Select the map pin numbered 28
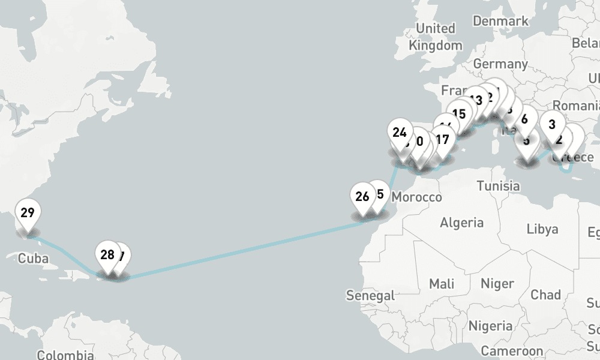tap(107, 255)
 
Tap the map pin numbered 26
tap(362, 197)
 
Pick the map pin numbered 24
tap(400, 133)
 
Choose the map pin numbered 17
tap(442, 140)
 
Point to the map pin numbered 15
tap(460, 114)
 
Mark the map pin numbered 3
tap(552, 125)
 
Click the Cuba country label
tap(33, 259)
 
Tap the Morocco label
tap(416, 197)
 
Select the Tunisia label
tap(499, 186)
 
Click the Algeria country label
tap(461, 223)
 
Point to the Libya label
tap(542, 229)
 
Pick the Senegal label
tap(371, 295)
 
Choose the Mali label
tap(442, 283)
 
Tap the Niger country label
tap(497, 283)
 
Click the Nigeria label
tap(490, 326)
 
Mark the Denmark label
tap(500, 21)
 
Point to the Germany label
tap(500, 64)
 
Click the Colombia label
tap(65, 355)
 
